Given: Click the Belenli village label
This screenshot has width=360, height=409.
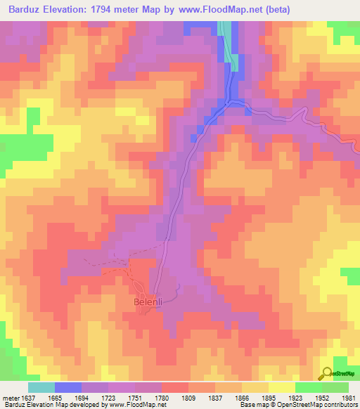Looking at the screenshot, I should coord(148,303).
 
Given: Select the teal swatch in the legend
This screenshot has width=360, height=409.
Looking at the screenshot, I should coord(41,387).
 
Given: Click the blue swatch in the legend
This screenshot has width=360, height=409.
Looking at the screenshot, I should coord(68,387).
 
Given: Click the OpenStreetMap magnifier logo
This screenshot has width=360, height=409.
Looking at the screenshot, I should coord(326,373).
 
